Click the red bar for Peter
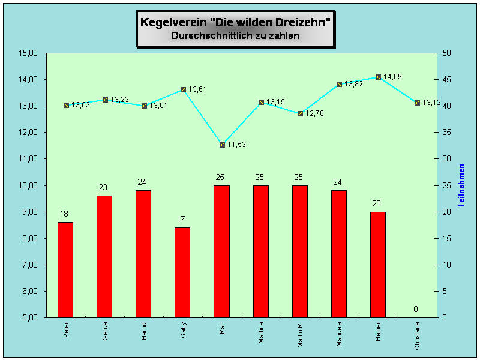[x=65, y=269]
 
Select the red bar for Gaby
[x=182, y=272]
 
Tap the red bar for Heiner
[x=377, y=264]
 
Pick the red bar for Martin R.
[x=299, y=251]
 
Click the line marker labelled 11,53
[x=222, y=145]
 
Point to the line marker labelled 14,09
[x=378, y=77]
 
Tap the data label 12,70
[x=314, y=113]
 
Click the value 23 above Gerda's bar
[x=103, y=188]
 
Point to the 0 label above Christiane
[x=415, y=310]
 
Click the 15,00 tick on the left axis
[x=28, y=53]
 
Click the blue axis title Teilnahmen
[x=461, y=185]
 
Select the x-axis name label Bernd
[x=144, y=331]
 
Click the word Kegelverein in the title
[x=173, y=22]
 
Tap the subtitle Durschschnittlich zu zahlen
[x=235, y=36]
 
